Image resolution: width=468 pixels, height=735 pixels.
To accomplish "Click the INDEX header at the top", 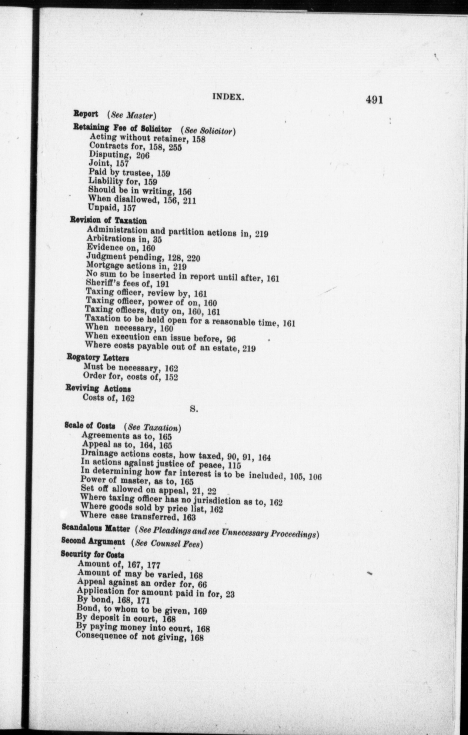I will (228, 97).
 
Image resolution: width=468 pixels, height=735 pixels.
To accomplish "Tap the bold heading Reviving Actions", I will (98, 389).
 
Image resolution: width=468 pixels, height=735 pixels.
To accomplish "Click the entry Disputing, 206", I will (119, 155).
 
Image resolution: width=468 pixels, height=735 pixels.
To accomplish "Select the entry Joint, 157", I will (108, 163).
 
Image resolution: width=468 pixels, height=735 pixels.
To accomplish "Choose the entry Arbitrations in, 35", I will (124, 239).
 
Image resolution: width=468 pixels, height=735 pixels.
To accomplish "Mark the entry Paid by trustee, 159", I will (129, 173).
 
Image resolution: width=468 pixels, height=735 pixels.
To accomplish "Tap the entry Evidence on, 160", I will (121, 248).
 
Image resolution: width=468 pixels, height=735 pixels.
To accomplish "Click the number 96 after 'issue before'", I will (231, 339).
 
